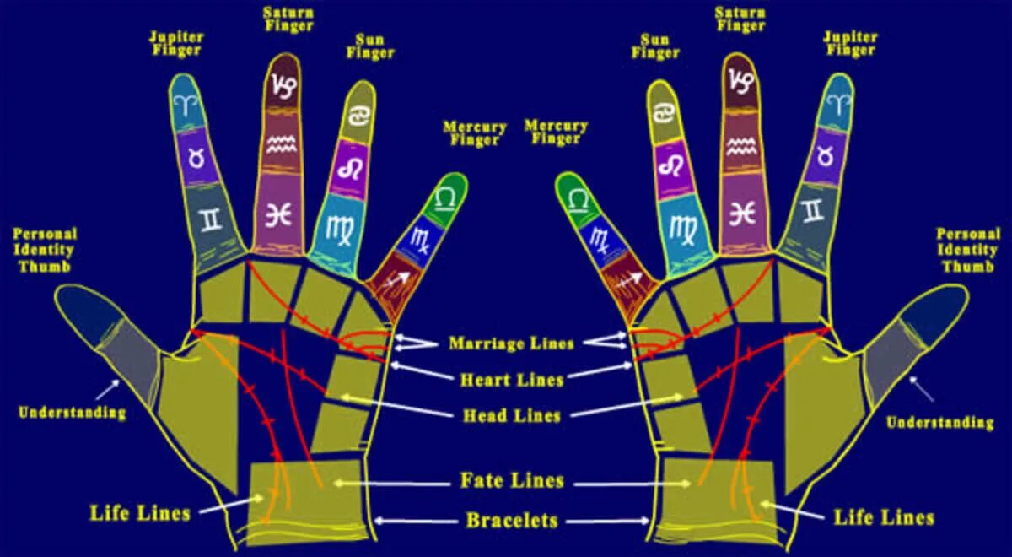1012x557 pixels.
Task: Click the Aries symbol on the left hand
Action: click(x=184, y=104)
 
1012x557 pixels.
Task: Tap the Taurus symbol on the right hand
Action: click(x=824, y=155)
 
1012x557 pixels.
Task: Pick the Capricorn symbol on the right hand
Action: click(x=742, y=81)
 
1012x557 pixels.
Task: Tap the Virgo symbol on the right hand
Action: click(x=682, y=226)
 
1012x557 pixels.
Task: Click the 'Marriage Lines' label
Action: click(x=511, y=343)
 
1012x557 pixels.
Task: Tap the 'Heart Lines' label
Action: click(x=511, y=380)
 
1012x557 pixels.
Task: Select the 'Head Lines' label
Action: click(x=511, y=415)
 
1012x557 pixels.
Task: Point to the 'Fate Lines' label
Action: click(x=511, y=481)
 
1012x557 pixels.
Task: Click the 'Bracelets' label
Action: click(x=511, y=520)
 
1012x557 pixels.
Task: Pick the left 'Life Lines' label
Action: click(x=140, y=511)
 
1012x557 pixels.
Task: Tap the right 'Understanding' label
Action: click(x=939, y=422)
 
